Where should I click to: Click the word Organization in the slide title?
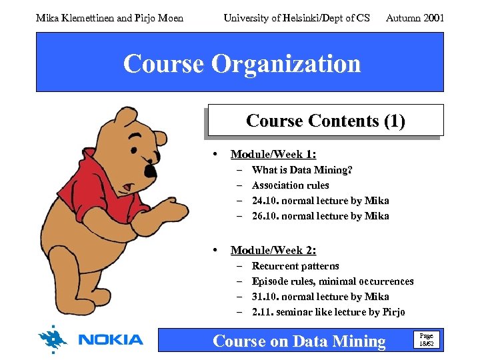click(x=286, y=64)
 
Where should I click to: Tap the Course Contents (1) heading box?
click(x=325, y=121)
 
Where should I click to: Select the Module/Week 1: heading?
click(x=273, y=155)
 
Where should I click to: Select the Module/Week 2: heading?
click(x=273, y=251)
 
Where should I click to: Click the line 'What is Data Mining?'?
click(x=302, y=170)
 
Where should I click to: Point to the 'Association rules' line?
click(x=290, y=185)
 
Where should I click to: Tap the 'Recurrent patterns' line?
click(x=295, y=266)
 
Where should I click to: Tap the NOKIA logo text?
click(x=111, y=340)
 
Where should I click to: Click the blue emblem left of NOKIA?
click(x=53, y=339)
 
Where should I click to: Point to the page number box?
click(x=425, y=340)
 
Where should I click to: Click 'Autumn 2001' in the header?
click(x=415, y=18)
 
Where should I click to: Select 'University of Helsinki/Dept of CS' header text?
click(x=296, y=18)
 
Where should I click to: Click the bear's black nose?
click(x=151, y=171)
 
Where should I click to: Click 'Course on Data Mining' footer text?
click(x=299, y=341)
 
